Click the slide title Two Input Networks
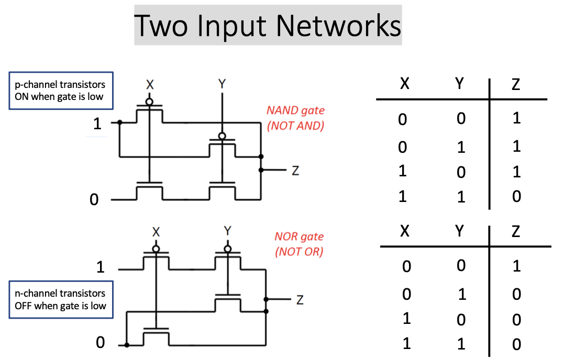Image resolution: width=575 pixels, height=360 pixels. (268, 25)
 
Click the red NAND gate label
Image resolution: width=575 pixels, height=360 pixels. (295, 118)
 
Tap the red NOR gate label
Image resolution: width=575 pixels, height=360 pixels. (299, 244)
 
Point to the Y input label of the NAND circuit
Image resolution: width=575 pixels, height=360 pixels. (222, 84)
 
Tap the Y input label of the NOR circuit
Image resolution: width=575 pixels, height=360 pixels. (227, 231)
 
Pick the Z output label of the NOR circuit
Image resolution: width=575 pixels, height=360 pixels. (300, 300)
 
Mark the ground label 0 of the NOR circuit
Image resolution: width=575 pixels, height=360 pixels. (100, 343)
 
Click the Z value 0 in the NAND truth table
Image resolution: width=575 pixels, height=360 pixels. (516, 197)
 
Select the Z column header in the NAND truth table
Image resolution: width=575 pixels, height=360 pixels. (516, 84)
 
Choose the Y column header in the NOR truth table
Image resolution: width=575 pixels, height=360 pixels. (459, 231)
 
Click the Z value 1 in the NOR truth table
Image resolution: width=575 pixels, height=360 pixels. (516, 266)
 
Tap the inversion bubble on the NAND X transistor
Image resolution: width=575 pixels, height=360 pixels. (150, 101)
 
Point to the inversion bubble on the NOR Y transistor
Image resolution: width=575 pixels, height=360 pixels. (227, 248)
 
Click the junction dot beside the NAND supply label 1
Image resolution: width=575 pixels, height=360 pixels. (120, 123)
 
